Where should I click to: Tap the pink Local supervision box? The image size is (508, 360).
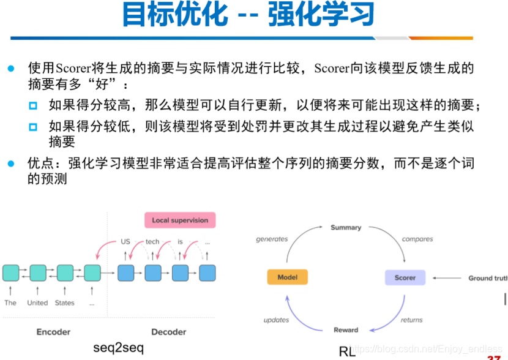click(180, 220)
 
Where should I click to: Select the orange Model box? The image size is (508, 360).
click(287, 277)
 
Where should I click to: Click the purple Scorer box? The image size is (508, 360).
click(405, 277)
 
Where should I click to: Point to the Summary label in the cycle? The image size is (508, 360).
click(346, 228)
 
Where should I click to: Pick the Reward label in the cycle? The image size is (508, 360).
click(346, 330)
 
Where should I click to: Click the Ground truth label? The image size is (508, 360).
click(488, 278)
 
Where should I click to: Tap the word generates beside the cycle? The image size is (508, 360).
click(272, 239)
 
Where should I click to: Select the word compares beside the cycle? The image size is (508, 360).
click(417, 239)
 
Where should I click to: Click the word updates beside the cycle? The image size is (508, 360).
click(276, 320)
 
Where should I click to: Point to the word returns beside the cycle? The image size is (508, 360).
click(412, 320)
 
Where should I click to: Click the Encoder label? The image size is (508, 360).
click(54, 332)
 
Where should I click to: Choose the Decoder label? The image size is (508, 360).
click(168, 332)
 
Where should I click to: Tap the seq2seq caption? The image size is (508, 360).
click(119, 348)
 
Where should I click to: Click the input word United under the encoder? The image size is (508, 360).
click(37, 302)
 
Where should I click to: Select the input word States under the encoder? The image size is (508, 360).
click(64, 302)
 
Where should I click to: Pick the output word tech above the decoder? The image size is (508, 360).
click(152, 242)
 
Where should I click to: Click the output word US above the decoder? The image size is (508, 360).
click(125, 242)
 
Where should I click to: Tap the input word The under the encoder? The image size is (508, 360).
click(10, 302)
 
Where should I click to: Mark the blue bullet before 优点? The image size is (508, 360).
click(10, 164)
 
